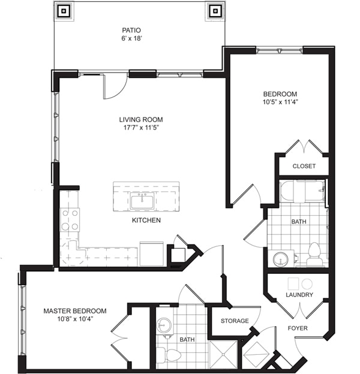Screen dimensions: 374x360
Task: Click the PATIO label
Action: click(x=131, y=29)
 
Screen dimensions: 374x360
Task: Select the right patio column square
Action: click(x=215, y=10)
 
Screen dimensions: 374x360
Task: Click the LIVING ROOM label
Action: click(x=140, y=119)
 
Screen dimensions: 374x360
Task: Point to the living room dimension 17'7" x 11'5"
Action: click(x=140, y=128)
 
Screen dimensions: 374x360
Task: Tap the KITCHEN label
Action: click(x=146, y=221)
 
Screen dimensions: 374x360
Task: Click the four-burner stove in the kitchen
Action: click(x=70, y=219)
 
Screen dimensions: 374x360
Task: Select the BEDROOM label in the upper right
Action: click(x=280, y=94)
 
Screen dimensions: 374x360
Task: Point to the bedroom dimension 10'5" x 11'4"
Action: click(x=280, y=102)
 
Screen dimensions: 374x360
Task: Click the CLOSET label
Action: click(x=304, y=166)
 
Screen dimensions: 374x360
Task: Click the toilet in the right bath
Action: click(x=314, y=254)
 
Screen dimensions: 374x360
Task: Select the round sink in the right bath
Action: click(x=280, y=259)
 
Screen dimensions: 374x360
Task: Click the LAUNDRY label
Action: click(x=298, y=295)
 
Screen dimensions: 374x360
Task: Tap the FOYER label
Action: click(x=298, y=328)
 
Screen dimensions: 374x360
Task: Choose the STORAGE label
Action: click(x=234, y=321)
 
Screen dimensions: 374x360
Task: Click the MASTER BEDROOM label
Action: click(x=75, y=311)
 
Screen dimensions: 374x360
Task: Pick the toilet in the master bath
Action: click(x=172, y=355)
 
